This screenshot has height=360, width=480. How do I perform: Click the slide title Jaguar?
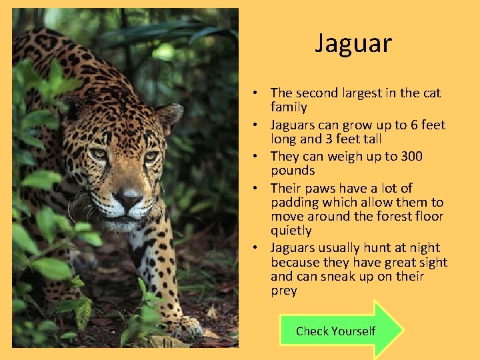[x=353, y=44]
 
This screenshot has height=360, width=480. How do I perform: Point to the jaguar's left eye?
[x=99, y=154]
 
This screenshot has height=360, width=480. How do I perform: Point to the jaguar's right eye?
[x=151, y=157]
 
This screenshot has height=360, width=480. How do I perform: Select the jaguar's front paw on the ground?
[x=183, y=328]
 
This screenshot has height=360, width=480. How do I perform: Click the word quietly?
[x=291, y=231]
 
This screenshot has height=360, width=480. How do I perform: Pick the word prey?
[x=284, y=291]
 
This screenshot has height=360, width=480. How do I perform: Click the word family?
[x=289, y=107]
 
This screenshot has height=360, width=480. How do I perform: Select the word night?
[x=424, y=248]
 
